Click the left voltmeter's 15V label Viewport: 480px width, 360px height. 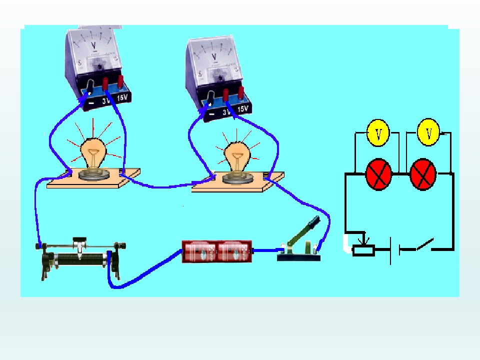pos(123,98)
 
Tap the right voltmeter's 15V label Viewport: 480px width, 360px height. pos(243,108)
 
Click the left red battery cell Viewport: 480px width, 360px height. pos(199,252)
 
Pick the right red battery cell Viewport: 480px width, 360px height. pos(234,252)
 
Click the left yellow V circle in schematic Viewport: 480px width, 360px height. pos(378,133)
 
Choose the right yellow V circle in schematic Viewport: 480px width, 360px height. pos(428,132)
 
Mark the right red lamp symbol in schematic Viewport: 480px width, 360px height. pos(423,175)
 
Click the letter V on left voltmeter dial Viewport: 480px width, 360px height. pos(94,46)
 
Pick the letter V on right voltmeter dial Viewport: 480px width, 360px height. pos(214,56)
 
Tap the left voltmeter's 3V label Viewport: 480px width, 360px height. pos(106,99)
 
